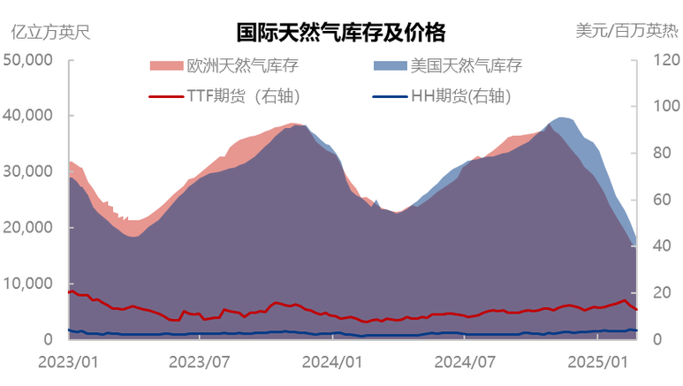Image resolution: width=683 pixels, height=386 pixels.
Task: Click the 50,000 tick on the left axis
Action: (x=29, y=60)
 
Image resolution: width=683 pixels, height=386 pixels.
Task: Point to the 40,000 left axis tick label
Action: (x=29, y=116)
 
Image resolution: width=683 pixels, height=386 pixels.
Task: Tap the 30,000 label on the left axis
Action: (x=29, y=171)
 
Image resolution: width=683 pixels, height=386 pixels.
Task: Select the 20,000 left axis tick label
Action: (x=29, y=227)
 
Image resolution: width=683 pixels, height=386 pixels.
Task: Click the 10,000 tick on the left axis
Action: (x=29, y=283)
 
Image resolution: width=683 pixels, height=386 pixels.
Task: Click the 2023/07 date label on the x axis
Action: (x=199, y=361)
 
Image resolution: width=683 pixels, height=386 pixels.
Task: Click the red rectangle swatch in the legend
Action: (x=165, y=65)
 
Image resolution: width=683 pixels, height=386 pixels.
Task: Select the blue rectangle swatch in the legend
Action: (x=391, y=65)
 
